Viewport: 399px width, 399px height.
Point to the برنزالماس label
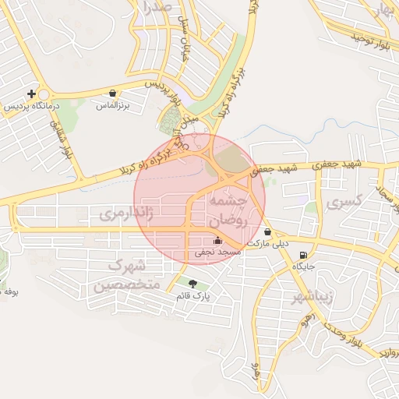click(x=113, y=104)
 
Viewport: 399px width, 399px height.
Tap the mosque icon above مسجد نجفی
click(x=217, y=241)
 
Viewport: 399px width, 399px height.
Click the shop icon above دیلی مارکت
click(x=267, y=231)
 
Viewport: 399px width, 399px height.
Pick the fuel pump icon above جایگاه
click(x=302, y=254)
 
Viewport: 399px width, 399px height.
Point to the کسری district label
click(x=346, y=202)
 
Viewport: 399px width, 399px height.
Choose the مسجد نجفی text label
click(x=213, y=253)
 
